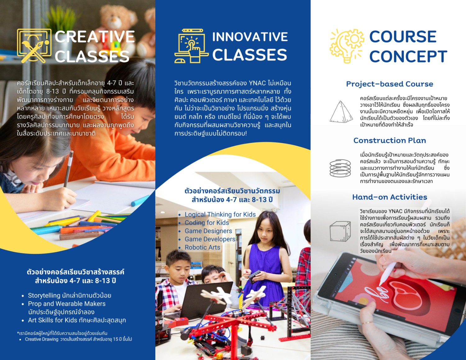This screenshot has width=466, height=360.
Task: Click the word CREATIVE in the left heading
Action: click(x=94, y=37)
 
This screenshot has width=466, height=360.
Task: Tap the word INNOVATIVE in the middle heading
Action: click(x=250, y=37)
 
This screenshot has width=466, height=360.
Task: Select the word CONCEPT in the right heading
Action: click(x=408, y=56)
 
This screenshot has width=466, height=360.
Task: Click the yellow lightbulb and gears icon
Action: click(x=347, y=46)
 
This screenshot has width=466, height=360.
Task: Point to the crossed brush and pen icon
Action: click(x=34, y=46)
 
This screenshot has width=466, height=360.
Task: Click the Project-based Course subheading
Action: click(x=390, y=84)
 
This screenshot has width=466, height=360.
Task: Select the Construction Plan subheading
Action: click(x=390, y=140)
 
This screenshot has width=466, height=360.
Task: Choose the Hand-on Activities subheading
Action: click(x=390, y=197)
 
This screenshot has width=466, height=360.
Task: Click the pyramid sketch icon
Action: click(x=341, y=112)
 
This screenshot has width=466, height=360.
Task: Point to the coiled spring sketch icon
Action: click(x=340, y=168)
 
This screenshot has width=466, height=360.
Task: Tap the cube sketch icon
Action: click(x=340, y=231)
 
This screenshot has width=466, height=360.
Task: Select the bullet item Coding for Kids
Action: click(x=207, y=223)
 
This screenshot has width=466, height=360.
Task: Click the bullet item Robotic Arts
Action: click(x=203, y=248)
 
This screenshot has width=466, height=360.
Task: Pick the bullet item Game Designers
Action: click(x=208, y=231)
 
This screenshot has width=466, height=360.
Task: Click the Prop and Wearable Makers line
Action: click(x=67, y=303)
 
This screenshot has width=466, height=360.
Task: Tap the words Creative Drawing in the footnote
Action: click(x=42, y=339)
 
